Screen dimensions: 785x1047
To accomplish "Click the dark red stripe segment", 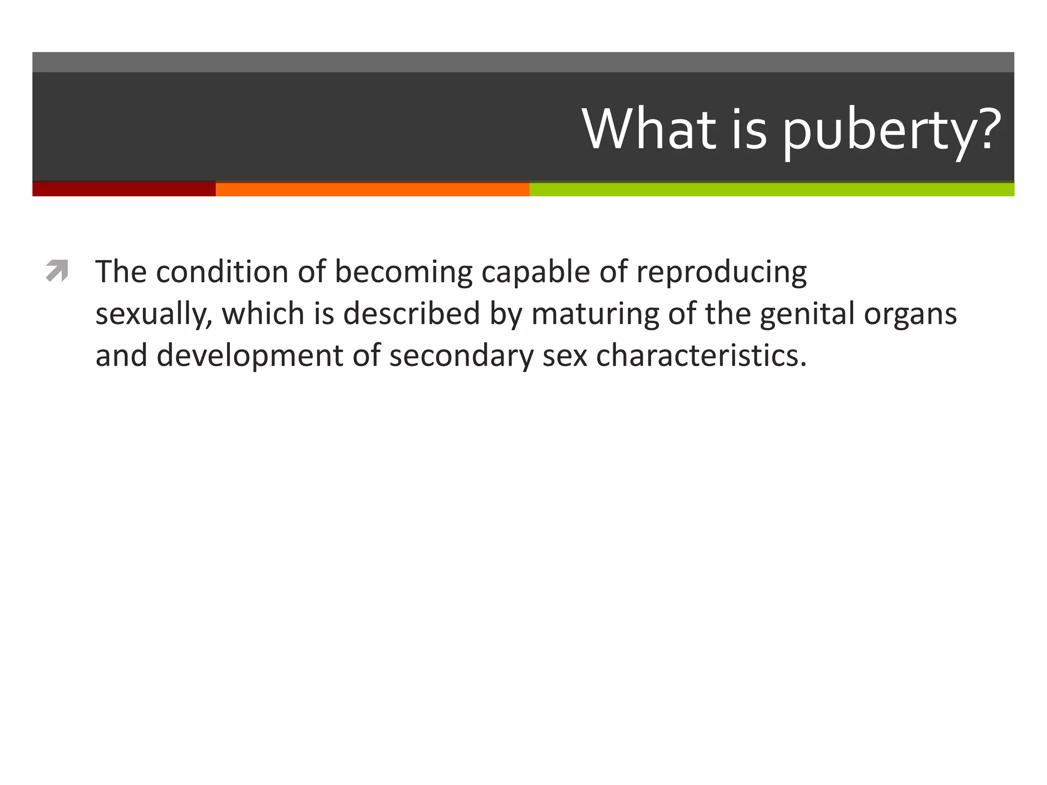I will pyautogui.click(x=124, y=189).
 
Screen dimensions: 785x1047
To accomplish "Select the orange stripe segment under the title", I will pyautogui.click(x=372, y=189).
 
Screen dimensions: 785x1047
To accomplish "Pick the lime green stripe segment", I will pyautogui.click(x=771, y=189).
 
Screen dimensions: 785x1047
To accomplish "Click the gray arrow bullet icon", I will pyautogui.click(x=57, y=271).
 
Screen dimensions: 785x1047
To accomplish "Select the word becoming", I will pyautogui.click(x=403, y=272).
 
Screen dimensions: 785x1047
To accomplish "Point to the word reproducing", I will pyautogui.click(x=721, y=272).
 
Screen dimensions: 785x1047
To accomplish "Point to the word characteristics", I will pyautogui.click(x=701, y=355).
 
